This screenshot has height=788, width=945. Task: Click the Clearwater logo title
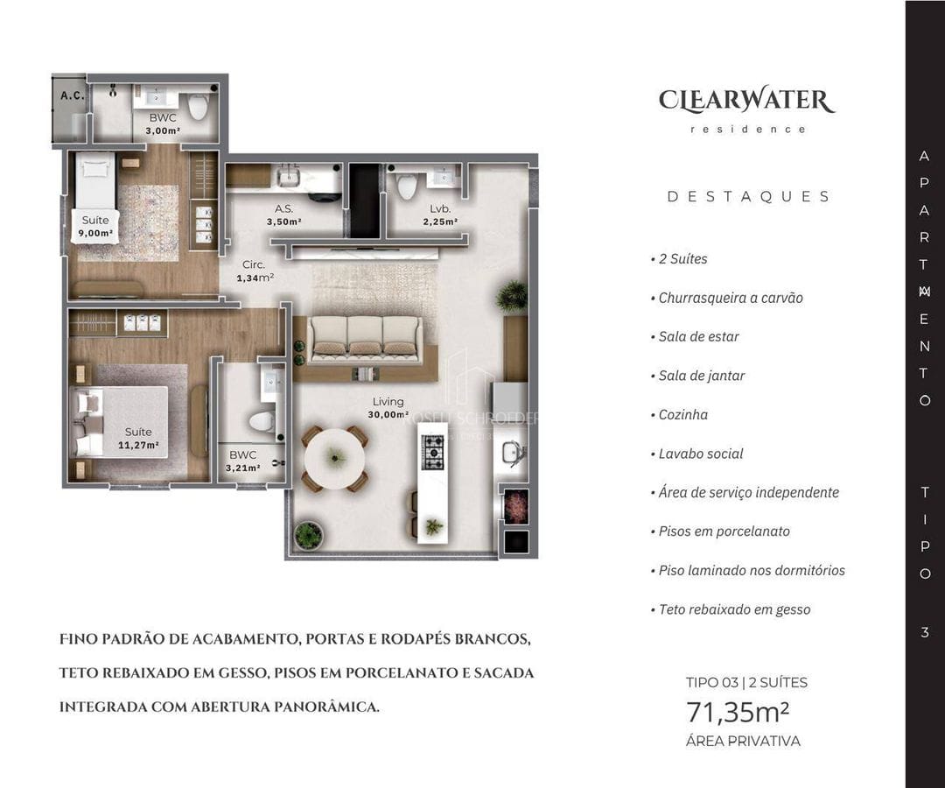(745, 100)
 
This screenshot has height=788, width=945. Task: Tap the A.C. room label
(72, 95)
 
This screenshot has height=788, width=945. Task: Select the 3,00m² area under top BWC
(163, 130)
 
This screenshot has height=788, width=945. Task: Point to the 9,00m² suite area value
(95, 234)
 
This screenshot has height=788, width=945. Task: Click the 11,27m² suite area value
(138, 445)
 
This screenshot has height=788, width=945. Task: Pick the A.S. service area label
(283, 209)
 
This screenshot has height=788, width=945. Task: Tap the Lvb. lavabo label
(440, 209)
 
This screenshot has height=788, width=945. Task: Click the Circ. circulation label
(255, 264)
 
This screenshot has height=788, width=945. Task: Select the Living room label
(388, 403)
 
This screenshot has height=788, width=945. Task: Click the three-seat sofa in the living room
(365, 337)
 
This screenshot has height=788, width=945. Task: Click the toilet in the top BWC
(199, 106)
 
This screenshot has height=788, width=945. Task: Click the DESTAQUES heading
(749, 197)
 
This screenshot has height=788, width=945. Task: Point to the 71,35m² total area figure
(738, 713)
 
